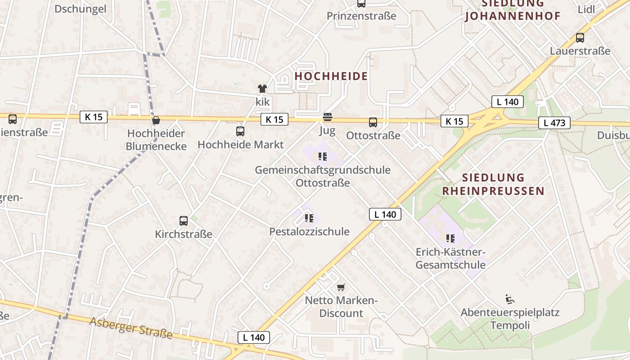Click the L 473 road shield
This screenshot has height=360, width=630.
pos(554,122)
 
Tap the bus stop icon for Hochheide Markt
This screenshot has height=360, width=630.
pos(240,131)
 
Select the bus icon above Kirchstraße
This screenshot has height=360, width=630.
pos(183,220)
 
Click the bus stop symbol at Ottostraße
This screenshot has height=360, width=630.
pos(373,122)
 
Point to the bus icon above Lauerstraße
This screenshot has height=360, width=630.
pos(580,38)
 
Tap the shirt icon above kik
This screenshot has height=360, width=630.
pos(262,89)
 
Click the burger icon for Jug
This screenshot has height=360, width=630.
pos(327,117)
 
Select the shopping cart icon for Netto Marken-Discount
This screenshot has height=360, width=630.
pos(341,287)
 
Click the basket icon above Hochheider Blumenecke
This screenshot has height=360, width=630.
pos(156,120)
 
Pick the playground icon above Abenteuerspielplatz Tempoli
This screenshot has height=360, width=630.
pos(510,299)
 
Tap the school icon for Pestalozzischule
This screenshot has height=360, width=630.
pos(309,218)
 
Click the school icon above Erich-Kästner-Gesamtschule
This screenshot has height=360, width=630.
pos(450,238)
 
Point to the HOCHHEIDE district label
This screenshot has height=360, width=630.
pos(331,76)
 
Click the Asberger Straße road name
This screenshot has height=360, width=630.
pos(131,328)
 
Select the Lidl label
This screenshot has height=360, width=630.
pos(585,9)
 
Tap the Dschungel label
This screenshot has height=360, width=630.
pos(81,9)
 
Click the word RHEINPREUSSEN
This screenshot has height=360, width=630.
pos(493,191)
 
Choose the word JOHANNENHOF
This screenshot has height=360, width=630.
pos(513,17)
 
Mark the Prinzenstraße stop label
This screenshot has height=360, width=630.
pos(361,16)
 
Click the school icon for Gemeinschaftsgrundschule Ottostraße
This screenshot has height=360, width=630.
pos(322,157)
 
